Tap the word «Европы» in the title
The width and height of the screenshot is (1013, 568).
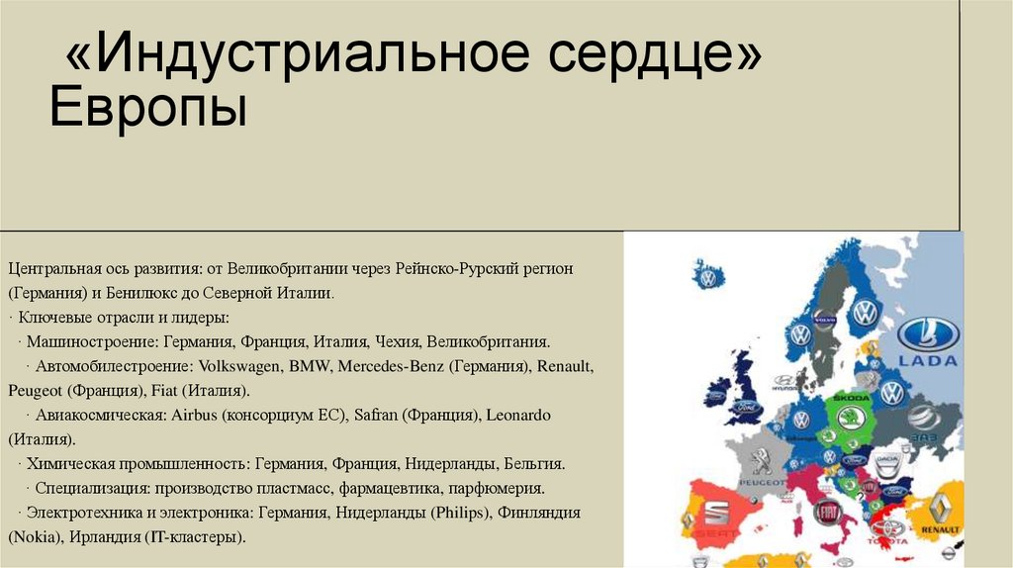pos(148,108)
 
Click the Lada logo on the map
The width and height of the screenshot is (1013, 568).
pos(928,341)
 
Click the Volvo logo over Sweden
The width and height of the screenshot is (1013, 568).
pos(824,320)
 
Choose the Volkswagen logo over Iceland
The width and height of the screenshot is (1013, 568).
pos(707,278)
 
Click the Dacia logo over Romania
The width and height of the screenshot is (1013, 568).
pos(887,463)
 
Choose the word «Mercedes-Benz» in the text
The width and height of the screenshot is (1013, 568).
pos(385,366)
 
